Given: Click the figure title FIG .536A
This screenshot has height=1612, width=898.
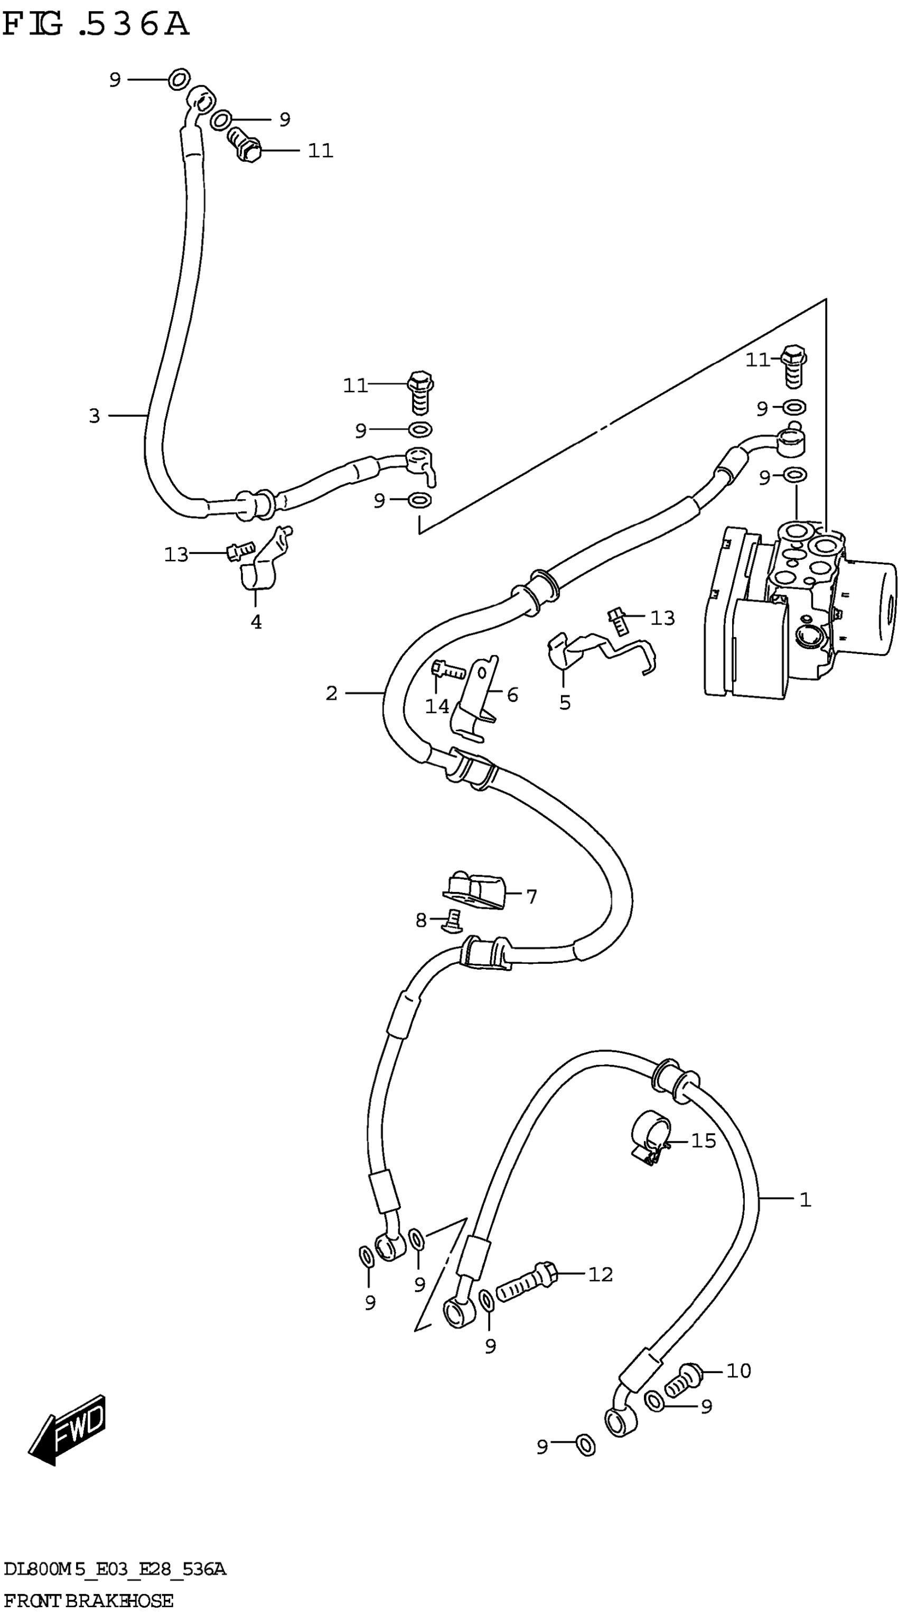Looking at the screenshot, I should click(95, 25).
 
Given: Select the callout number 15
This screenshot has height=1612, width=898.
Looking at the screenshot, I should click(703, 1141).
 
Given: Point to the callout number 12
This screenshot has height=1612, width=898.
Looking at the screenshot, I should click(600, 1274).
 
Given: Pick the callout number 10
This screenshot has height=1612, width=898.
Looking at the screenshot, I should click(738, 1371).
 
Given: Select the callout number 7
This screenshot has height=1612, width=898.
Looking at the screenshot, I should click(531, 897).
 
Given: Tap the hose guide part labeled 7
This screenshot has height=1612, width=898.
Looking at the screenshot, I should click(473, 890).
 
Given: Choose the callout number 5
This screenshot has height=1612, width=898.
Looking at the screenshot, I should click(565, 703).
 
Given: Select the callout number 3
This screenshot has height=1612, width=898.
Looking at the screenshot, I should click(95, 416).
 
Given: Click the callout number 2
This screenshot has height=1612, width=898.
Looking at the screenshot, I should click(331, 693).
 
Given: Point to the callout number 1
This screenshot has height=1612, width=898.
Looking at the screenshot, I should click(806, 1200).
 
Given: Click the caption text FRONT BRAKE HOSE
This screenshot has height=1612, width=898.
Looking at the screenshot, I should click(88, 1601).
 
